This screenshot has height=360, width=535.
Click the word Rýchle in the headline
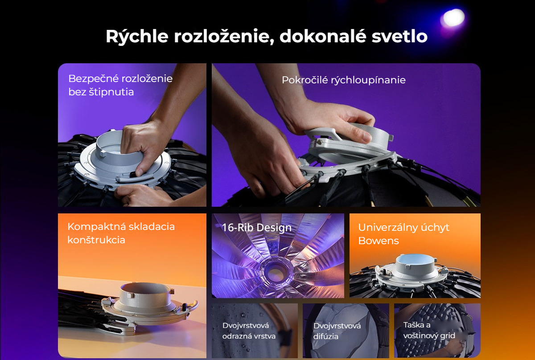pos(137,37)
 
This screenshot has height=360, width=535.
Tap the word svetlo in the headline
pos(399,36)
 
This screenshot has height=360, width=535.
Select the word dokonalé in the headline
pos(323,36)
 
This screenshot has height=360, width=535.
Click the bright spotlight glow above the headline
pos(453,18)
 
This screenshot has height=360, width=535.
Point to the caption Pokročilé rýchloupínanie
pos(344,80)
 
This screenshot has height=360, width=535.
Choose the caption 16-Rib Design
pos(257,228)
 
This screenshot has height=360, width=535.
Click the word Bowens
pos(379,241)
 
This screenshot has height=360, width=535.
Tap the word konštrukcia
pos(96,240)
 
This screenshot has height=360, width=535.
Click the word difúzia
pos(326,336)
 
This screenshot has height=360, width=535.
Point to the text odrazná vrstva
pos(249,336)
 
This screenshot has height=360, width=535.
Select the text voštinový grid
pos(429,335)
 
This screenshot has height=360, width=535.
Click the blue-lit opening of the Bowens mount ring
pos(415,259)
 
